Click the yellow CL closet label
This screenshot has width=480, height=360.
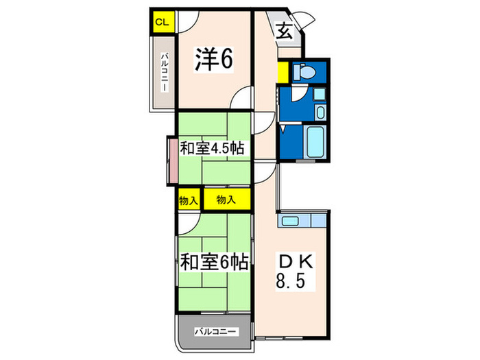click(x=161, y=22)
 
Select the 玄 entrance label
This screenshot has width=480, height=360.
click(x=285, y=30)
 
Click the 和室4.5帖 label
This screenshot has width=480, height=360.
click(x=213, y=148)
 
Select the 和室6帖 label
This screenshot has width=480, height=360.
click(x=213, y=261)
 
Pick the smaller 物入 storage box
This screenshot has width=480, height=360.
click(x=188, y=200)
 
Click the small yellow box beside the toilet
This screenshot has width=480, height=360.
click(x=283, y=71)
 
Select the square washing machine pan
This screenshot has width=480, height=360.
click(x=320, y=95)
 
